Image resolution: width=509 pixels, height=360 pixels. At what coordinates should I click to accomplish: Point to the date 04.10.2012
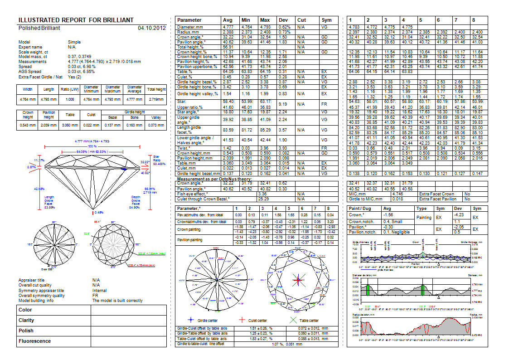[151, 28]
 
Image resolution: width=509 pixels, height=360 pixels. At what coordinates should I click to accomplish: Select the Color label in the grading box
[25, 310]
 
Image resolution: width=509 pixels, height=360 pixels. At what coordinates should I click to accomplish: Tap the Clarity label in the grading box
[26, 321]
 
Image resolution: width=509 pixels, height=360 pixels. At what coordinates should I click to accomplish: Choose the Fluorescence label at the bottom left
[34, 341]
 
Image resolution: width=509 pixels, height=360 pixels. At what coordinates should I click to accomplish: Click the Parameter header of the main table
[189, 20]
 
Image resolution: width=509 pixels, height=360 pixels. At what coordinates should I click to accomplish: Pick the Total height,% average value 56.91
[228, 47]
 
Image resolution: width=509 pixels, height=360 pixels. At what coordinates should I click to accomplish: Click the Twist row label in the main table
[184, 148]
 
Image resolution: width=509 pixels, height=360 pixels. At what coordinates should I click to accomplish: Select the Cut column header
[301, 20]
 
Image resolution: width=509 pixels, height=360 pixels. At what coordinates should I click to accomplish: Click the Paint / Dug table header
[360, 209]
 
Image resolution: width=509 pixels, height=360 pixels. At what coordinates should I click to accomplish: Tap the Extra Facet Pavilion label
[437, 199]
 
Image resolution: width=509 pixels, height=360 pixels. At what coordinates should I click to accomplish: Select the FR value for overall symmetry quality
[95, 295]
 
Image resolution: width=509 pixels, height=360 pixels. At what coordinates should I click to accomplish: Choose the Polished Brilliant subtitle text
[39, 28]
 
